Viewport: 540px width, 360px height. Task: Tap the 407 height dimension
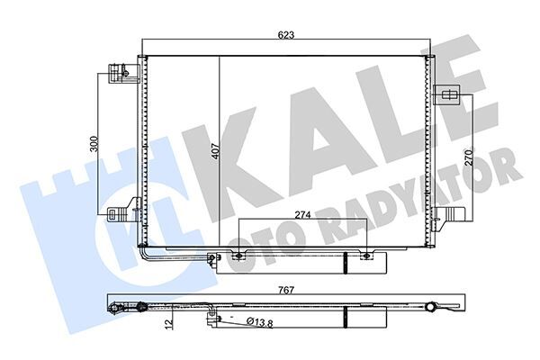[214, 152]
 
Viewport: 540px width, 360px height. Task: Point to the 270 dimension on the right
[468, 156]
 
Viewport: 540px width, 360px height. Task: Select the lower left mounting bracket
[118, 214]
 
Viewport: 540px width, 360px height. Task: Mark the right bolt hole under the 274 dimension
[367, 258]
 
